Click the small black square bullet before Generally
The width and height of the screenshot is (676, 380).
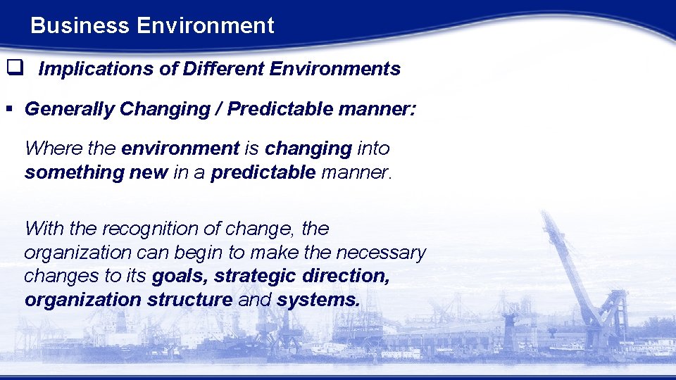[x=9, y=110]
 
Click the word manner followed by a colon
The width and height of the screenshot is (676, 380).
[x=381, y=110]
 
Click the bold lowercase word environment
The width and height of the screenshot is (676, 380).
[x=180, y=148]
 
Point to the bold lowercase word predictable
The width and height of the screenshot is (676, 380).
[x=263, y=173]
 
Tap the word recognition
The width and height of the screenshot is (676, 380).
[x=151, y=229]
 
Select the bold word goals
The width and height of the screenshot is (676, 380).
[x=180, y=277]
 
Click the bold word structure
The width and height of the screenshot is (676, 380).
[x=189, y=300]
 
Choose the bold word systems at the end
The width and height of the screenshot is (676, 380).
[x=318, y=300]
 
